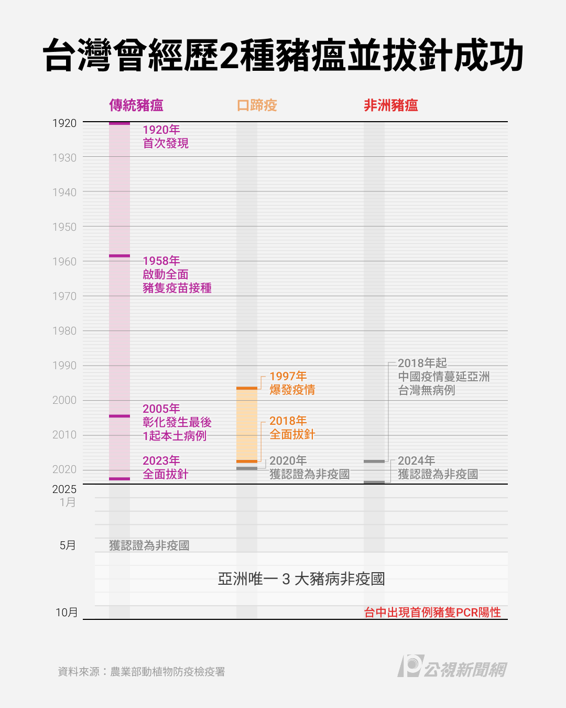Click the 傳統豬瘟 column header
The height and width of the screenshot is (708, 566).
[x=136, y=105]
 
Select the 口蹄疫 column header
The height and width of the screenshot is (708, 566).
[x=257, y=105]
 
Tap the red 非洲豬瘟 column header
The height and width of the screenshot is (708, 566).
[x=391, y=105]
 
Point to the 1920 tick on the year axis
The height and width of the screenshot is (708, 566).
[x=64, y=123]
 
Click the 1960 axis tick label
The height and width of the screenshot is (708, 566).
[x=64, y=262]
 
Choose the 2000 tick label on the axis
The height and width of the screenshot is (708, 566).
[x=64, y=400]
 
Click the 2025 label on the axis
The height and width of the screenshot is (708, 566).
[x=64, y=489]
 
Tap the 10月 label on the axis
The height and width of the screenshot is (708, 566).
[x=67, y=613]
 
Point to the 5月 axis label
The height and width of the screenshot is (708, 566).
[x=68, y=545]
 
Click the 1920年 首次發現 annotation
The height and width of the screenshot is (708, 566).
[x=166, y=136]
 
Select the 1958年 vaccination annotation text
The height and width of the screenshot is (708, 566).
[x=177, y=274]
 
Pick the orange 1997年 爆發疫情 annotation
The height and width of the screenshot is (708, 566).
[x=292, y=383]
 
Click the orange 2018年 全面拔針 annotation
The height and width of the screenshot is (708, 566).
[x=292, y=427]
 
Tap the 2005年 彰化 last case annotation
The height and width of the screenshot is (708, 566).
[x=177, y=422]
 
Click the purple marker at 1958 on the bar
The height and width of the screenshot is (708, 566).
[x=119, y=256]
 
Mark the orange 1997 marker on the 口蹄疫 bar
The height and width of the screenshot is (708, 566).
[x=247, y=388]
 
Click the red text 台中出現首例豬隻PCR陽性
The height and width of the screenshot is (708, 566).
[x=432, y=613]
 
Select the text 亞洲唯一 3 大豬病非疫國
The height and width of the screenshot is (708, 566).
[x=301, y=579]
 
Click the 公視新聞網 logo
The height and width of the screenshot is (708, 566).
[x=452, y=667]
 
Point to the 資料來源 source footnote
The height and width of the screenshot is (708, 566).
[x=141, y=672]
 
